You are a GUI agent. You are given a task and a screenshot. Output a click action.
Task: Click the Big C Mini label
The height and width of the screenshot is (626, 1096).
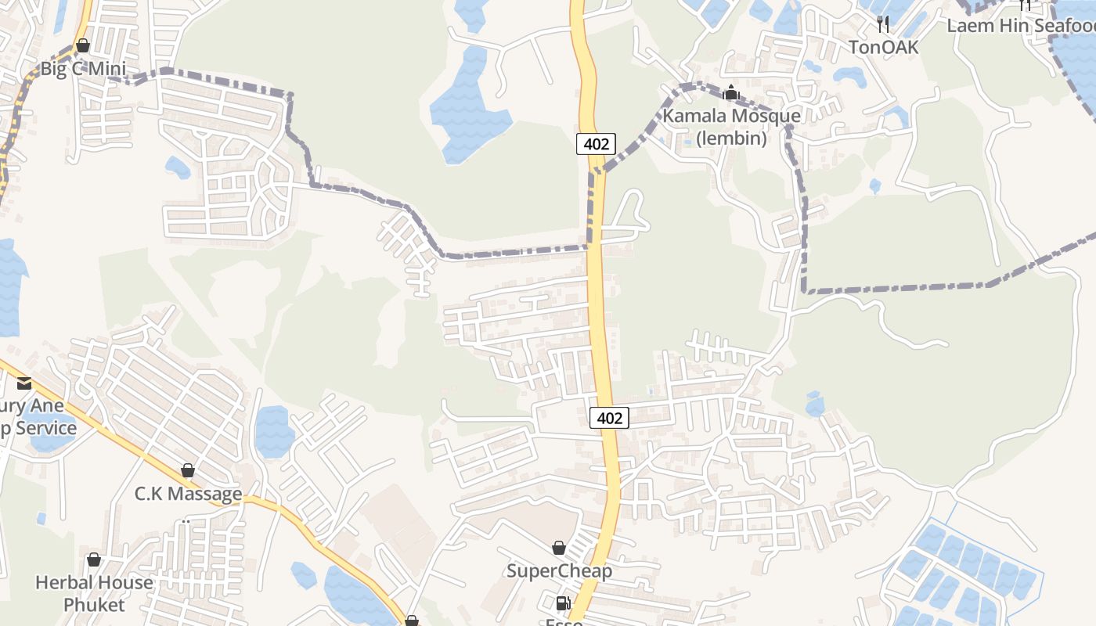[83, 69]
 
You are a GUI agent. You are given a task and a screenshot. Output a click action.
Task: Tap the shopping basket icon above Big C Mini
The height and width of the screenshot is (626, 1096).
[83, 45]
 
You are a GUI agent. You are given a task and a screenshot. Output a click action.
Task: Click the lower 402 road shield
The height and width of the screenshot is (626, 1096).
[609, 418]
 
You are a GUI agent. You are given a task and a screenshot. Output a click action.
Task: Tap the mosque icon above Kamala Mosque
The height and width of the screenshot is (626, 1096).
[731, 93]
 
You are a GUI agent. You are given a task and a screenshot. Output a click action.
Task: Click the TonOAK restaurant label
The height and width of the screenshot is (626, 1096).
[884, 47]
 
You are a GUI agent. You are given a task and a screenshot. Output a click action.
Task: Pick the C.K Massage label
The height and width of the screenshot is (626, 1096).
[188, 494]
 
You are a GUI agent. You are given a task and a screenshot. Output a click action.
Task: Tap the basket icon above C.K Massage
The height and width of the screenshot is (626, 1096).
[188, 470]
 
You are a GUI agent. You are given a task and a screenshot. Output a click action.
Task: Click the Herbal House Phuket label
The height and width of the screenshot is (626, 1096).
[94, 594]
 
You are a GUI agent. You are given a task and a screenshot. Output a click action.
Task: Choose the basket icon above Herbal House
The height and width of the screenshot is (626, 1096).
[94, 559]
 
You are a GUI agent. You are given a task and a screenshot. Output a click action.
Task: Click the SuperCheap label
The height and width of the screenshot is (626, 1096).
[559, 570]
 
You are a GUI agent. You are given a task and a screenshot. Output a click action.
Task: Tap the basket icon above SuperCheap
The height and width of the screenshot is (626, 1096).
[559, 548]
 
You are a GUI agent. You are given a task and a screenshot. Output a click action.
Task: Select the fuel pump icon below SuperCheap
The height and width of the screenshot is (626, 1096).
[562, 603]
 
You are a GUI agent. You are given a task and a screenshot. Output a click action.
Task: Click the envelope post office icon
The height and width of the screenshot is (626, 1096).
[23, 383]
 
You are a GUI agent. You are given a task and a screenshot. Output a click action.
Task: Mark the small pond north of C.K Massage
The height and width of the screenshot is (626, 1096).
[273, 430]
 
